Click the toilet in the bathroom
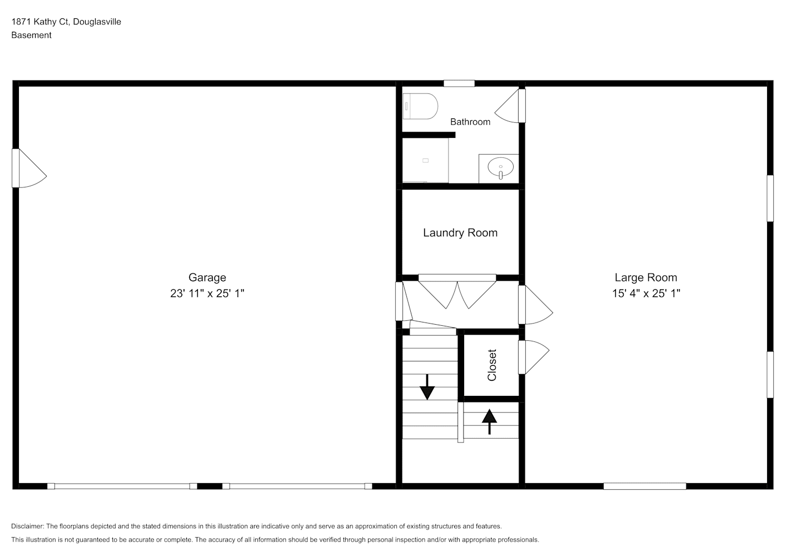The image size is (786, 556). click(420, 106)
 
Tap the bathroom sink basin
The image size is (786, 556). click(500, 167)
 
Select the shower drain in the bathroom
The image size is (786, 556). click(425, 161)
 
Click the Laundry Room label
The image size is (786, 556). click(460, 233)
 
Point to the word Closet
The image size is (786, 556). click(492, 365)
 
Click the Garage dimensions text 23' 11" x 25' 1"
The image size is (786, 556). click(207, 293)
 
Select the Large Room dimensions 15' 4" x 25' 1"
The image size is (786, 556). click(646, 293)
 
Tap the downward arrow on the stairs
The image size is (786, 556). click(427, 387)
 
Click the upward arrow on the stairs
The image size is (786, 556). click(490, 422)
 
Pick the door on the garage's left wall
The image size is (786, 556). click(29, 168)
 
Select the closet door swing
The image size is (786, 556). click(534, 357)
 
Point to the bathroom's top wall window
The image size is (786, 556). click(459, 83)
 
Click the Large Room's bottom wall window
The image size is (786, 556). click(645, 486)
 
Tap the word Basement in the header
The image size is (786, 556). click(31, 35)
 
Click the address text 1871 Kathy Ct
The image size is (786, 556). click(41, 22)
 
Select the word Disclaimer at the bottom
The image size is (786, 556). click(27, 526)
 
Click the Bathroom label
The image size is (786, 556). click(470, 122)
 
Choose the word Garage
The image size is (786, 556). click(207, 277)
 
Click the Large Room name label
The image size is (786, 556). click(646, 277)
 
